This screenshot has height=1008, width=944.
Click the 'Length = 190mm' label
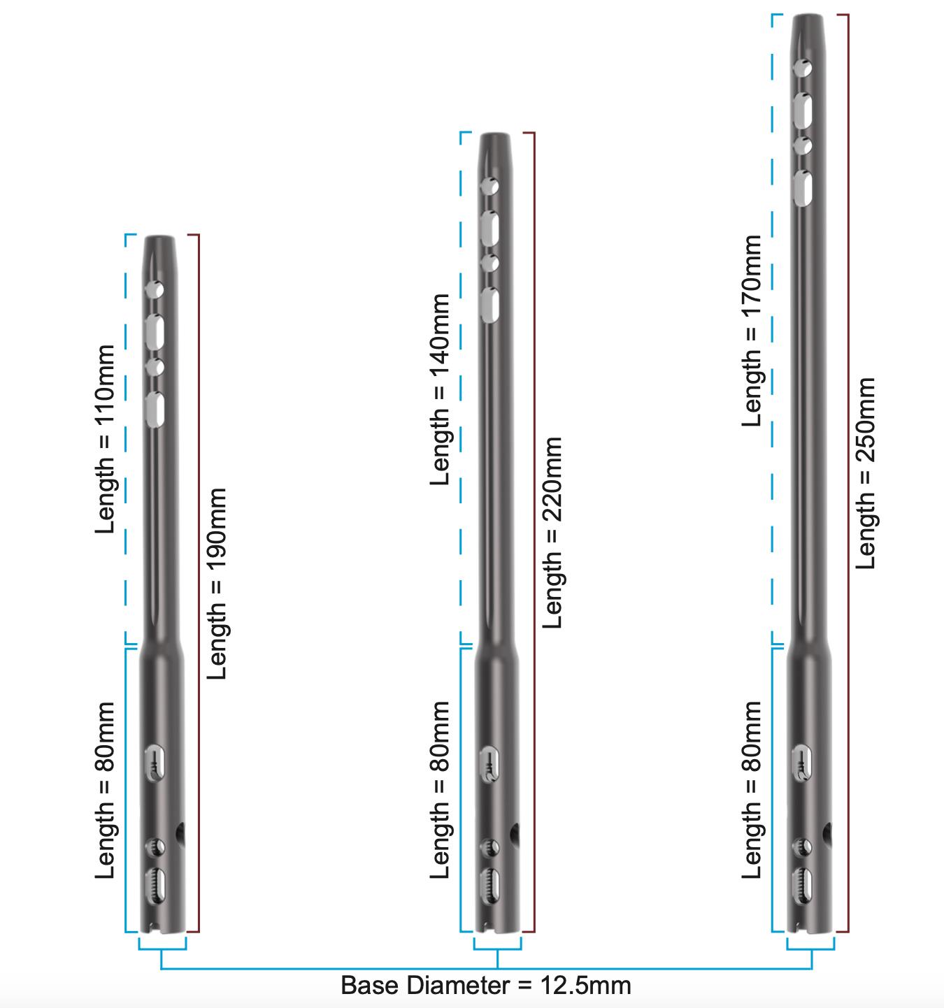217,584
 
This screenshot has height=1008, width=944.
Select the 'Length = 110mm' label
105,438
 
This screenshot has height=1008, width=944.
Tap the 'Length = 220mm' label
553,533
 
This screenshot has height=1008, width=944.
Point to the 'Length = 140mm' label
441,389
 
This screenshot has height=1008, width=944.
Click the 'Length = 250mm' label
866,473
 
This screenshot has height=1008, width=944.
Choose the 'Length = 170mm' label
752,330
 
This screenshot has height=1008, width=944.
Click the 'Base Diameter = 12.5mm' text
485,986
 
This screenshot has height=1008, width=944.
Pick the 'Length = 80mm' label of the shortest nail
105,791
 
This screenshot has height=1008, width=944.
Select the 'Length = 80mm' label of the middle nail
441,791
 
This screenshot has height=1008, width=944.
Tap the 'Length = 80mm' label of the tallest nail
752,791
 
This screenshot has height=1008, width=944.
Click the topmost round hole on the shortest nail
155,289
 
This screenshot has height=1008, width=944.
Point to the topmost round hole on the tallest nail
803,69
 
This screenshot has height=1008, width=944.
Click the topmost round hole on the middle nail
490,187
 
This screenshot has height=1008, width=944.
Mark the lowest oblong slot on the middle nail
491,883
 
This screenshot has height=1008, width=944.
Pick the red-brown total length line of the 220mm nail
534,531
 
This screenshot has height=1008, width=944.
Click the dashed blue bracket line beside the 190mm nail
126,438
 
